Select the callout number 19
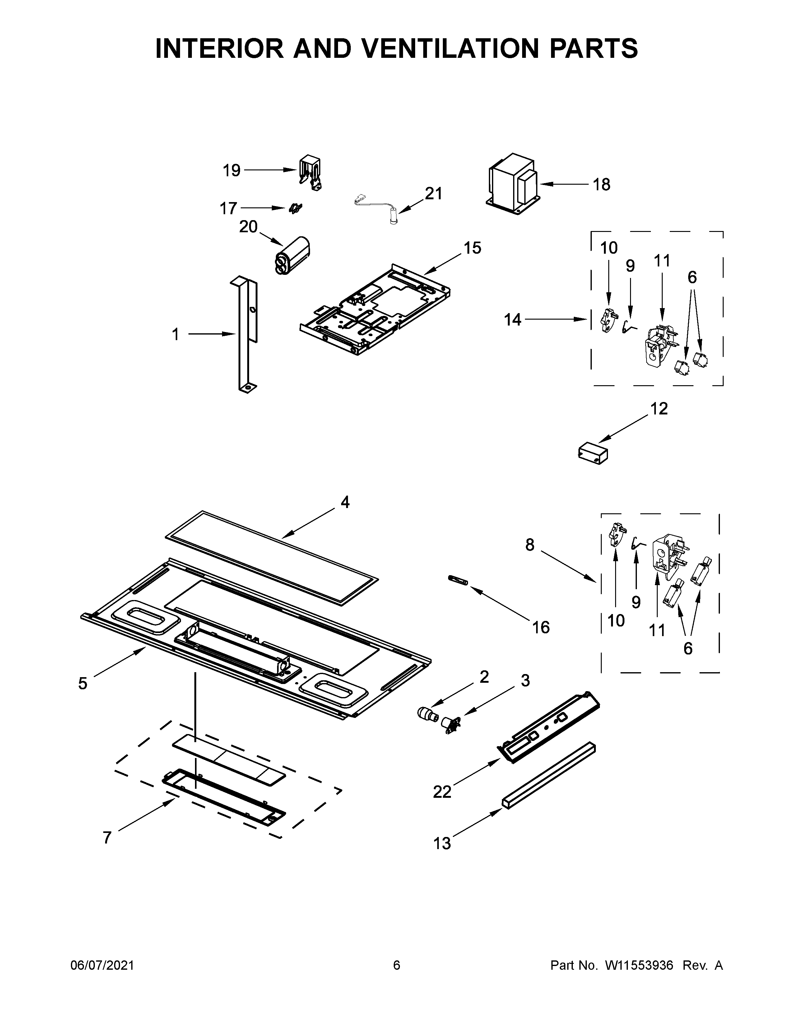coord(232,170)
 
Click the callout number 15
coord(473,247)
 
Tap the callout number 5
coord(83,683)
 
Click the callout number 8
coord(530,545)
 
